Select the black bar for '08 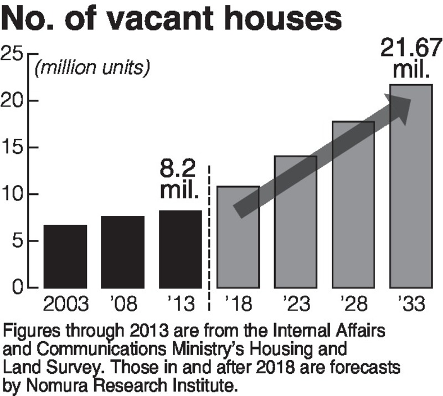point(122,252)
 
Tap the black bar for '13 point(180,249)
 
